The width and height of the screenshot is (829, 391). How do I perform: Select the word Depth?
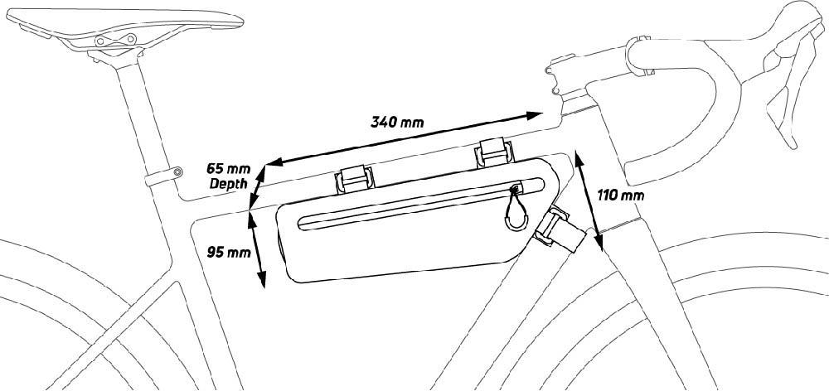click(225, 183)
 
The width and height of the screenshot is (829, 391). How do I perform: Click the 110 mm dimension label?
click(620, 195)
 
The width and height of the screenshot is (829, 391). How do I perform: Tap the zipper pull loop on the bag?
click(517, 215)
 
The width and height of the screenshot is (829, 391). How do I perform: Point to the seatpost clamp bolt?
click(177, 171)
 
